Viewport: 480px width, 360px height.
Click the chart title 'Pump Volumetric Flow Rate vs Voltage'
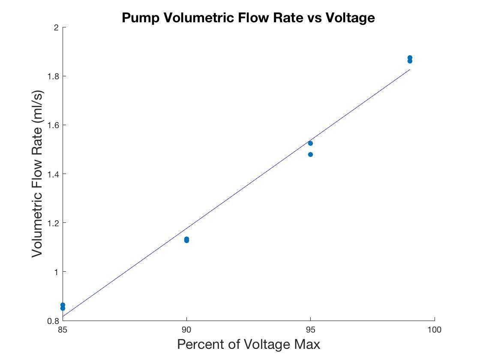click(248, 18)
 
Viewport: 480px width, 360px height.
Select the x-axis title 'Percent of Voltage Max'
click(249, 344)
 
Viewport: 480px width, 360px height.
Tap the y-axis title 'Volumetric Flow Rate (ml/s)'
click(38, 174)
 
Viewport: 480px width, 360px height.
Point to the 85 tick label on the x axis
click(63, 330)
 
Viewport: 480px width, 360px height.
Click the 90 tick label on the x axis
click(186, 330)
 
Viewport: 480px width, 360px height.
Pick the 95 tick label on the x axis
click(310, 330)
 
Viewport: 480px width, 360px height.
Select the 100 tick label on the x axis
click(434, 330)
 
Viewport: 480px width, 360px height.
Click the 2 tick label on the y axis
click(56, 27)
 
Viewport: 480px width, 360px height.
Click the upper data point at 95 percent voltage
click(310, 143)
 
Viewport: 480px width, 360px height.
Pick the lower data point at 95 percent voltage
click(310, 154)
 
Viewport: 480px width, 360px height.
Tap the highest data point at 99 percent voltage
click(410, 57)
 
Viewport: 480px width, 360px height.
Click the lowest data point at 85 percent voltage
click(63, 308)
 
